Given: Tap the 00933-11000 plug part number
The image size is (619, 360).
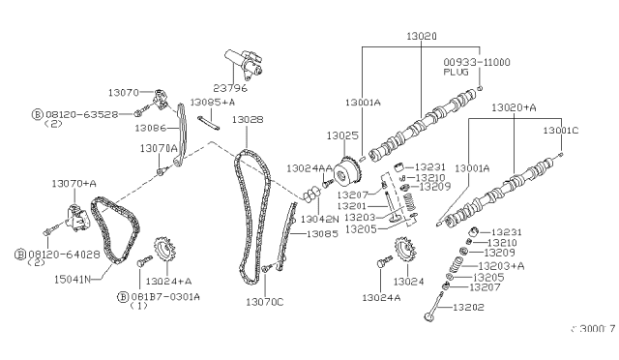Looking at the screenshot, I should (503, 62).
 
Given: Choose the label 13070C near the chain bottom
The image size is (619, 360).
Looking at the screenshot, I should (265, 303).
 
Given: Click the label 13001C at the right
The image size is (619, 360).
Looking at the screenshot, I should (561, 129).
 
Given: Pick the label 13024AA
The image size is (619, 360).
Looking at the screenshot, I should (304, 167).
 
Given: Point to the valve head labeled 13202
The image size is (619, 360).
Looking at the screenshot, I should (428, 316).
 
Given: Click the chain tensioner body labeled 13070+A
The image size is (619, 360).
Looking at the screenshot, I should (69, 222).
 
